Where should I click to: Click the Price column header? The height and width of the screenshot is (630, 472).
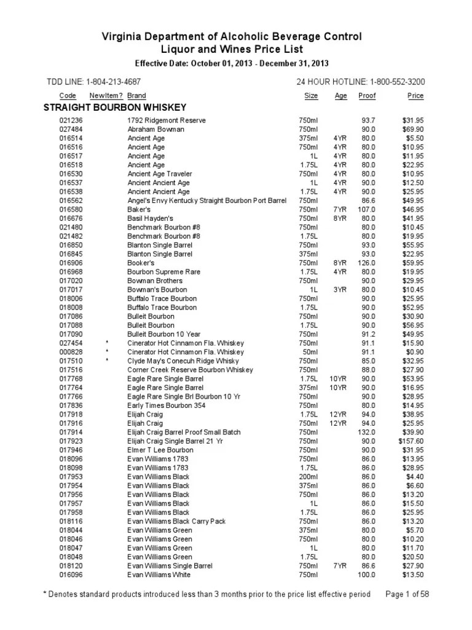point(415,96)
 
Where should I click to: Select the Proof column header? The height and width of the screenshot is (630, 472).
point(367,96)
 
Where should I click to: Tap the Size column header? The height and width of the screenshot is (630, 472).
point(311,96)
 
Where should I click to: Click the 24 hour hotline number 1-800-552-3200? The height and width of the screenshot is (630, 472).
point(393,82)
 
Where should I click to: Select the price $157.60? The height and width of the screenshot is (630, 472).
point(410,441)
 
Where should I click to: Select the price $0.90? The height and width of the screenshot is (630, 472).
point(413,352)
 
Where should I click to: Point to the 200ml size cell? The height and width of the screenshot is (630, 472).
point(309,476)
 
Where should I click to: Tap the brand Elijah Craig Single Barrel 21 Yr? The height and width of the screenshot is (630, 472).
point(175,441)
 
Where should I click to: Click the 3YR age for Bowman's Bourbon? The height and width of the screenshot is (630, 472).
point(340,289)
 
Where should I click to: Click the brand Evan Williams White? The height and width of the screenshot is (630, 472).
point(159,575)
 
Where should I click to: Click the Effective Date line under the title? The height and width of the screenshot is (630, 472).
point(232,63)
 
